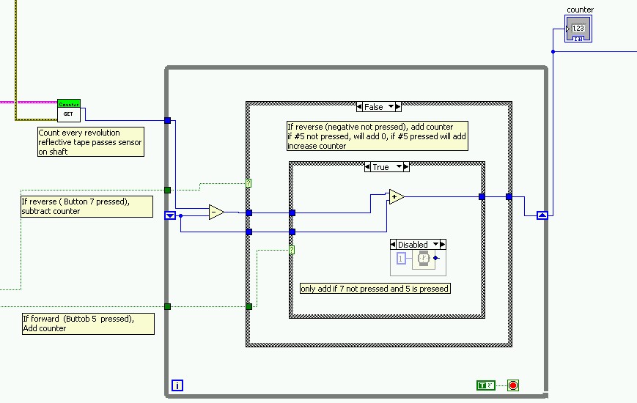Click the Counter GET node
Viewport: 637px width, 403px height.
[68, 111]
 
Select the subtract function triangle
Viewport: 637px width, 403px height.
[216, 212]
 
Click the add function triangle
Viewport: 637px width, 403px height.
[396, 196]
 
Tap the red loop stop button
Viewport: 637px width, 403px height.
[512, 385]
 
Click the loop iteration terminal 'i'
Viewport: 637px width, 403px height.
[177, 385]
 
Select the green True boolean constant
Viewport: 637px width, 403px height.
[485, 385]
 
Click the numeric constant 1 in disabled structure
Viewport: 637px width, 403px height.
[401, 258]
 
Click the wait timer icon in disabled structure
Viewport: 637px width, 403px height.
[424, 258]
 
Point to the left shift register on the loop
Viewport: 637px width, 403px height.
[170, 215]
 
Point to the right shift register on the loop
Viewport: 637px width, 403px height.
[542, 215]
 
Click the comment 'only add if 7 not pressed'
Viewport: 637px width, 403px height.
[375, 289]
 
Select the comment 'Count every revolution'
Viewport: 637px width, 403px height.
[90, 142]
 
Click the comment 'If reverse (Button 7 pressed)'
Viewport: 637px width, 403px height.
[86, 206]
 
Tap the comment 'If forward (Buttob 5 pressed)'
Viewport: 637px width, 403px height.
[88, 323]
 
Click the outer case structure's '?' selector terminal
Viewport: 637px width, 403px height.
[248, 183]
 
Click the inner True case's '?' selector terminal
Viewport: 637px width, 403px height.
[292, 250]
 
